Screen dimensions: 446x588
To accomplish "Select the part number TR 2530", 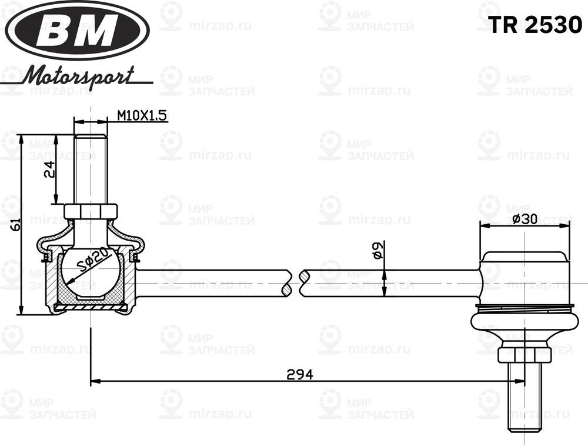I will (535, 25).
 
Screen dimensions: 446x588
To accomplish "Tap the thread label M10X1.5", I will (142, 116).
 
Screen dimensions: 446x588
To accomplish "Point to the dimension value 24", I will (51, 169).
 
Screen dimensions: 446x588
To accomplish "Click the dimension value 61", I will (16, 224).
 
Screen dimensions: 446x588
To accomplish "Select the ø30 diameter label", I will (524, 219).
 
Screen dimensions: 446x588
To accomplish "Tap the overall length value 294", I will (299, 374).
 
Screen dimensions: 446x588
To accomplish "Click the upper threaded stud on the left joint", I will (91, 168).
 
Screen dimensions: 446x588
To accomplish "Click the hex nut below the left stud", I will (91, 211).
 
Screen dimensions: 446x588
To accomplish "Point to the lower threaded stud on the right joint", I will (524, 400).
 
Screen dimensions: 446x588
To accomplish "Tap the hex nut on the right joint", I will (524, 354).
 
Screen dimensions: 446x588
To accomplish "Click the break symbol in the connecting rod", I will (296, 283).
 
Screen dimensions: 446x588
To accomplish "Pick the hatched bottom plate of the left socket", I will (91, 307).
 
